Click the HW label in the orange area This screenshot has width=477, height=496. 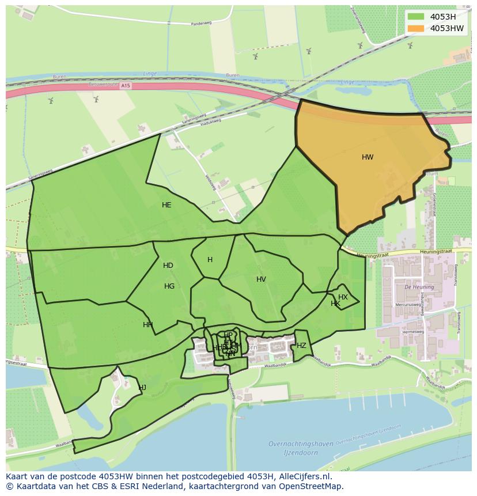pyautogui.click(x=368, y=157)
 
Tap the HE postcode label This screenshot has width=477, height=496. pyautogui.click(x=166, y=205)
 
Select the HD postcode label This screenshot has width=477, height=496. pyautogui.click(x=168, y=266)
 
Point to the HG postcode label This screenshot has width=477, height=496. pyautogui.click(x=169, y=286)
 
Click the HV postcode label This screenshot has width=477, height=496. pyautogui.click(x=261, y=279)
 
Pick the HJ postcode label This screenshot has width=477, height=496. pyautogui.click(x=142, y=388)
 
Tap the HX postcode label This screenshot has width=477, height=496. pyautogui.click(x=343, y=297)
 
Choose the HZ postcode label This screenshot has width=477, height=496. pyautogui.click(x=301, y=346)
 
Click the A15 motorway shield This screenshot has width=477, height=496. pyautogui.click(x=126, y=85)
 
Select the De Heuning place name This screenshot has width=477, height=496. pyautogui.click(x=415, y=286)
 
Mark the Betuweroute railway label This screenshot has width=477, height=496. pyautogui.click(x=104, y=84)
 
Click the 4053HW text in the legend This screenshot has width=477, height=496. pyautogui.click(x=446, y=28)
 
